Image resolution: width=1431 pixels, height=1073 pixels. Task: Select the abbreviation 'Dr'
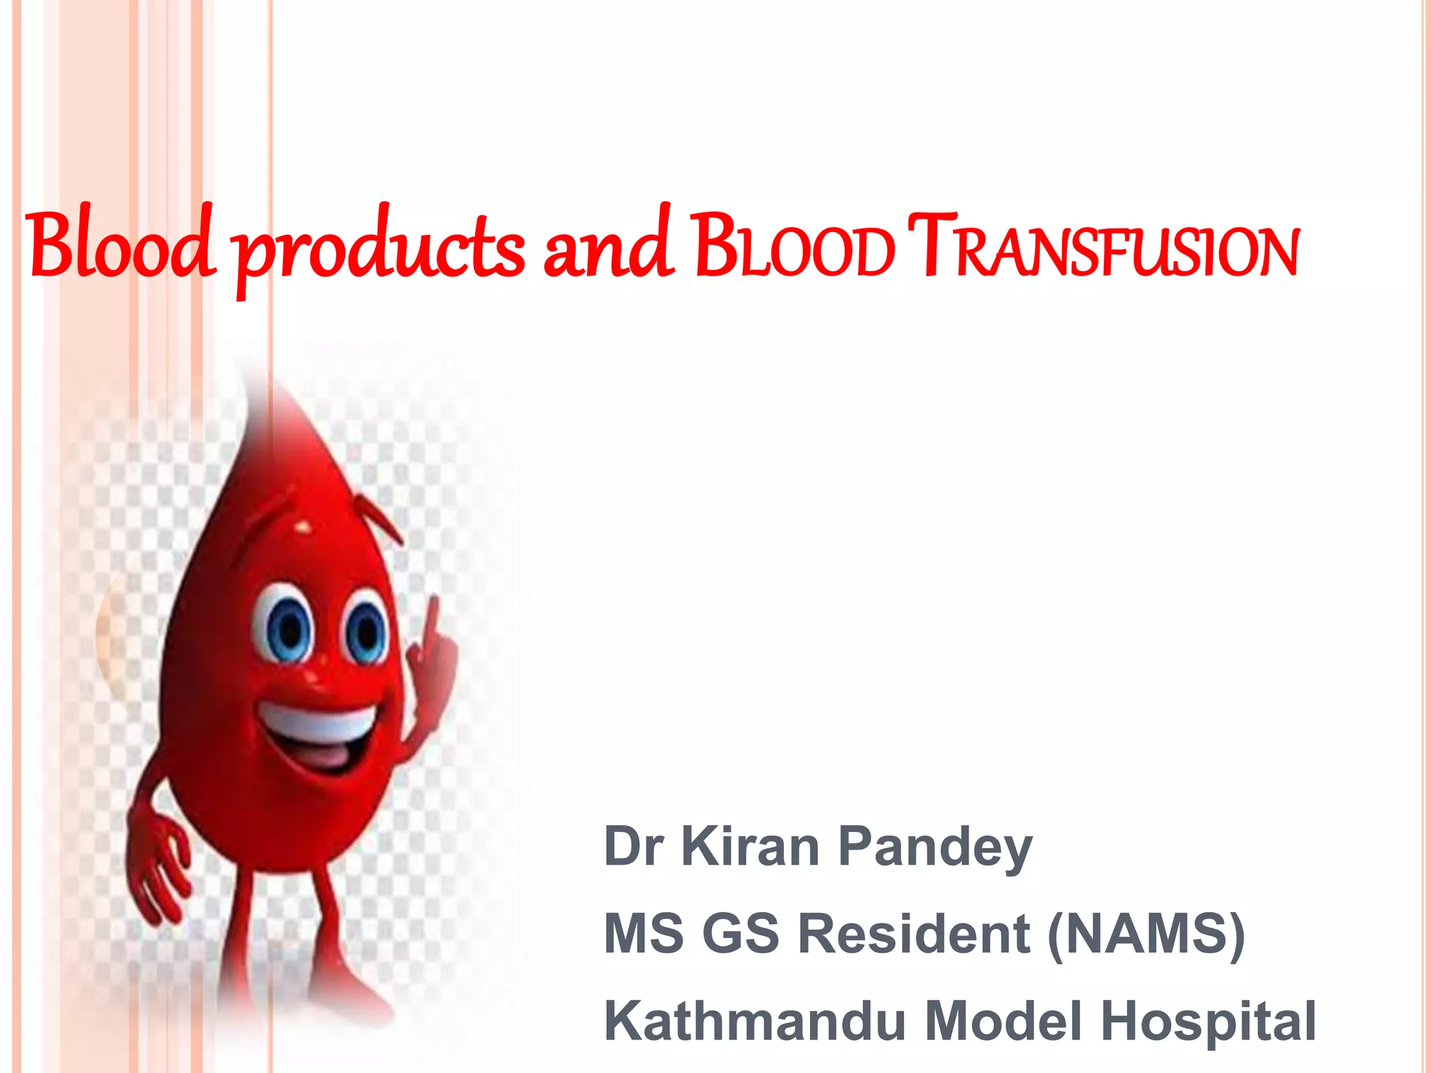click(x=633, y=846)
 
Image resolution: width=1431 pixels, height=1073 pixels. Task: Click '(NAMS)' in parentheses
click(x=1146, y=933)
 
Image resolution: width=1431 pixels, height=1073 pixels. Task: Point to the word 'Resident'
click(x=913, y=933)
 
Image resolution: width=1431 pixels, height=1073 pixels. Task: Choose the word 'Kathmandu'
click(x=755, y=1021)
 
